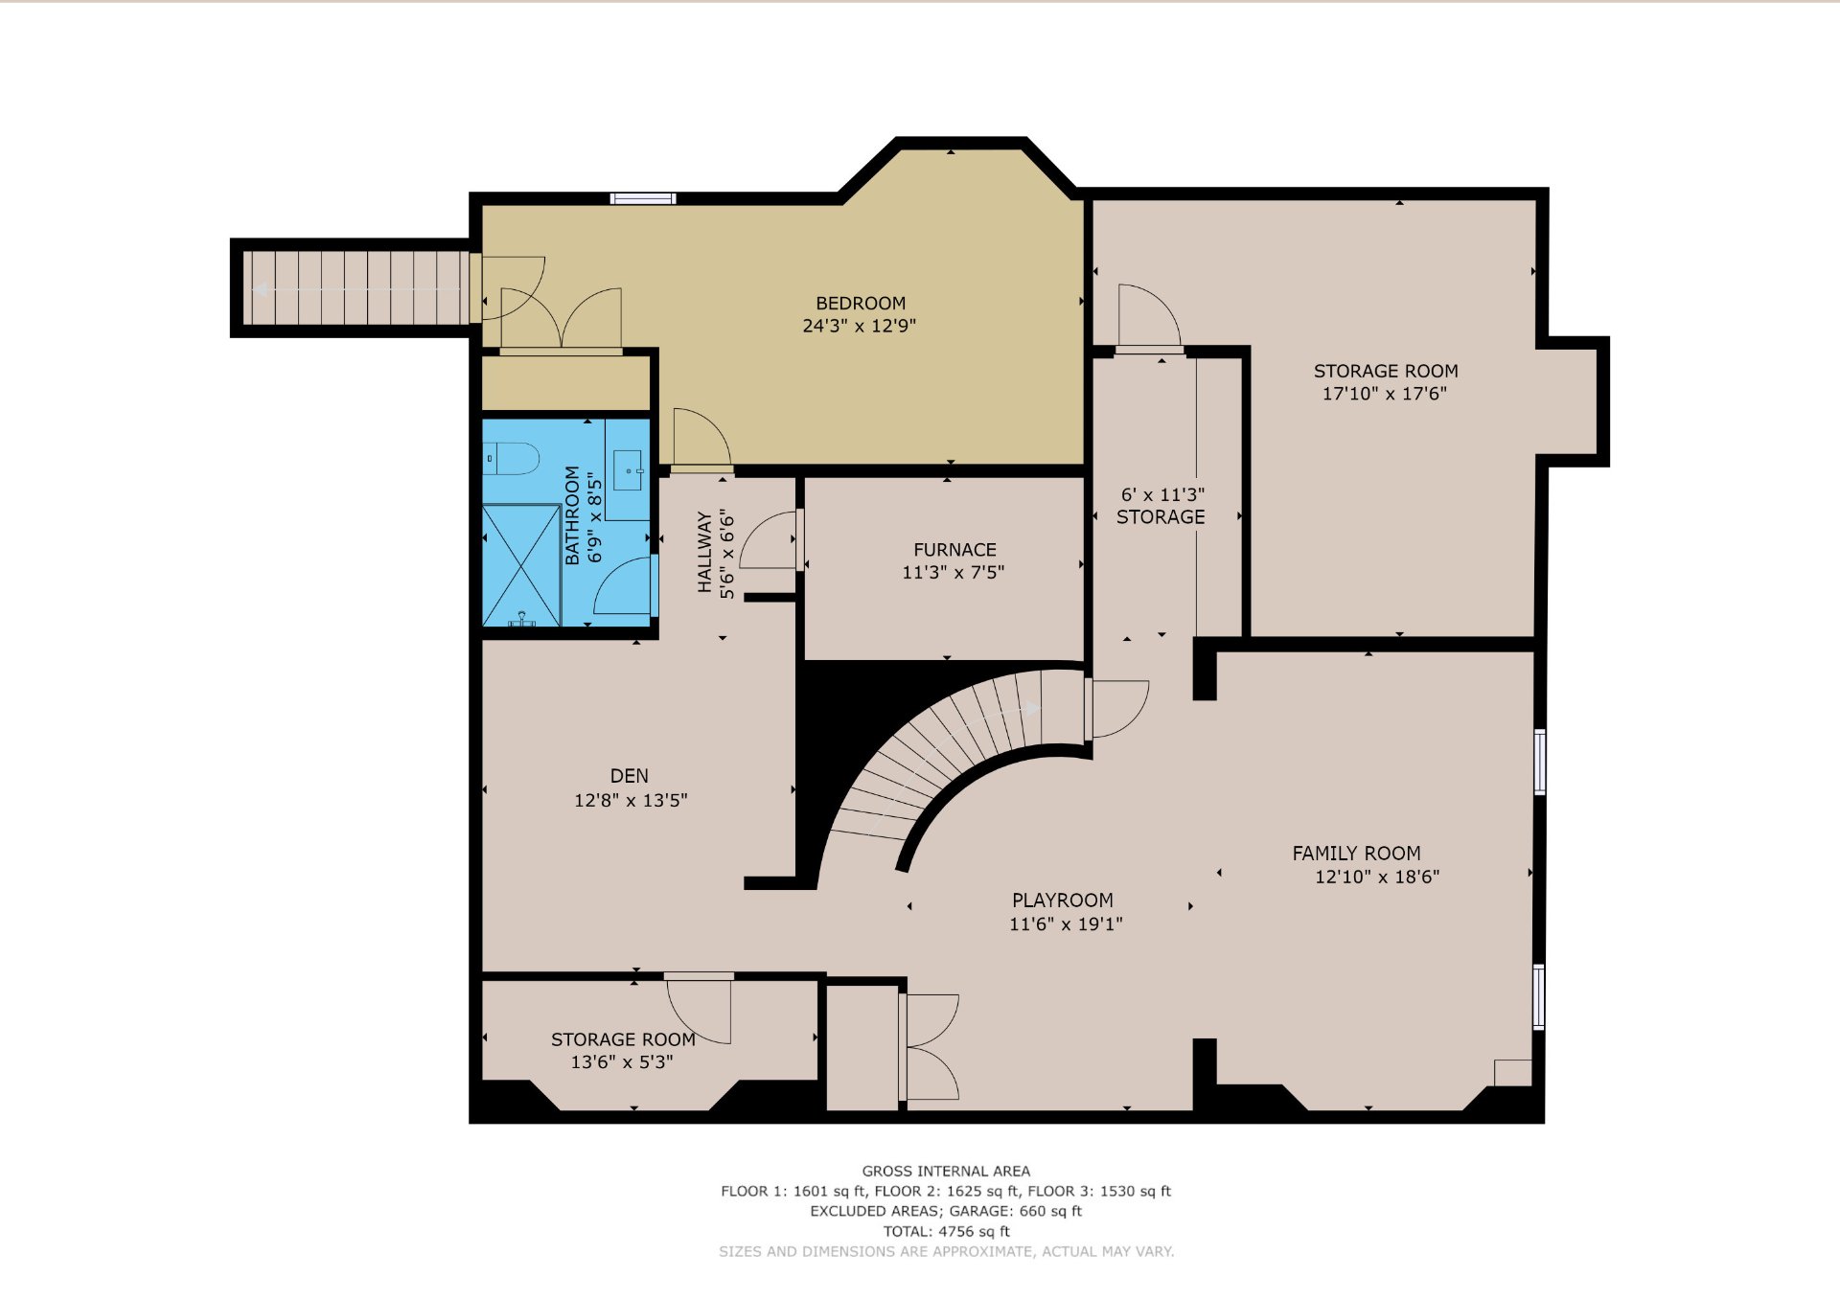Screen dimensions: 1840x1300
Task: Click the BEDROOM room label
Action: (861, 304)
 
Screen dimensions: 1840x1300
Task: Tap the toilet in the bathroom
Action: (511, 458)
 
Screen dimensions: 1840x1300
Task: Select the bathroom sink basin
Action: (628, 470)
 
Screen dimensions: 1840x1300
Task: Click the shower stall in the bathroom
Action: (521, 565)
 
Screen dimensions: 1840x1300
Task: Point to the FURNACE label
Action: (954, 550)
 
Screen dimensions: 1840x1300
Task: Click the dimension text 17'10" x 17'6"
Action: (1385, 394)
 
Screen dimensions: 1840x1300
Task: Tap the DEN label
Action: (630, 776)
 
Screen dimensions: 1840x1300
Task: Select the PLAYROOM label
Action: (1063, 901)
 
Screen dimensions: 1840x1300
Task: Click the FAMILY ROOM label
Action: (1356, 854)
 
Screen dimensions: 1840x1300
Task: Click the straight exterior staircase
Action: (356, 288)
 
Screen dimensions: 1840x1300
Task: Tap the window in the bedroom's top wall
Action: (643, 198)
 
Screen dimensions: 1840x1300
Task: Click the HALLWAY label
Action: (705, 553)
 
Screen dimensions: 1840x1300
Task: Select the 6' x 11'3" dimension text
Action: (1162, 495)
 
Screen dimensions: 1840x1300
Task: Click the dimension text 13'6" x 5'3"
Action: (622, 1062)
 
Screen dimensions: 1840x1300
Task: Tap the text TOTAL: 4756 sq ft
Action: (947, 1232)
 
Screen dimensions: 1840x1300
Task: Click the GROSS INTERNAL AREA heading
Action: (946, 1172)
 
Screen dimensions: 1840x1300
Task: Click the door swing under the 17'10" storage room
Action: (1149, 315)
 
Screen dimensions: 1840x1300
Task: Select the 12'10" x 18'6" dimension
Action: (1377, 877)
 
